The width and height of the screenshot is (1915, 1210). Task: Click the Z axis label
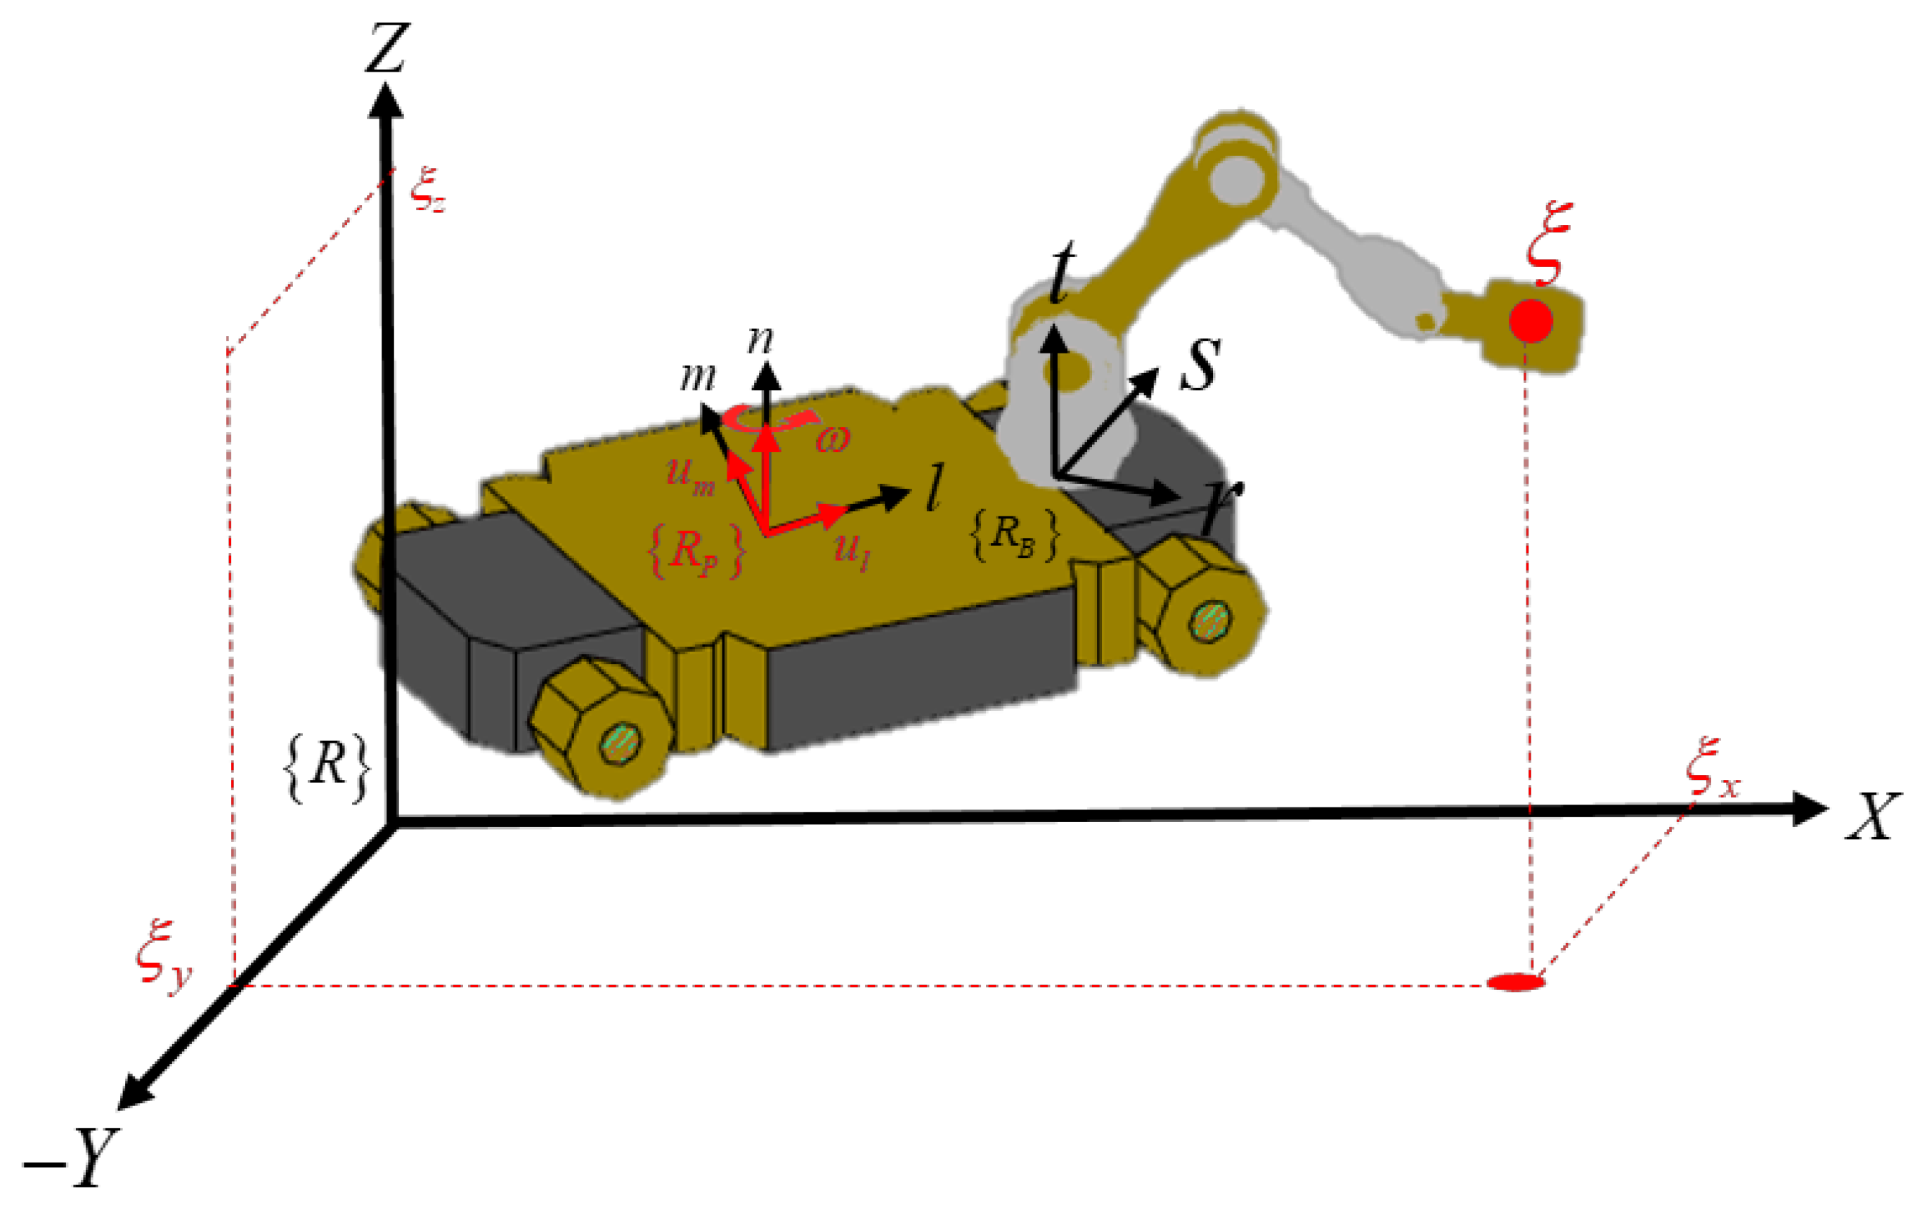pos(387,48)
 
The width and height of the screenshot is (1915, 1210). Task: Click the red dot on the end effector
pos(1531,321)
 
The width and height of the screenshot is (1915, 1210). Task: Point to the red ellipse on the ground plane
pos(1516,982)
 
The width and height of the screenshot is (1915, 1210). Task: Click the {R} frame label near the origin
pos(327,767)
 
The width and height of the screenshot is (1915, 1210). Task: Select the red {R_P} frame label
pos(696,550)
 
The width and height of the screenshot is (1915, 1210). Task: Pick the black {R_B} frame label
pos(1015,533)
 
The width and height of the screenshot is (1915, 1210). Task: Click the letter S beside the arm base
pos(1200,364)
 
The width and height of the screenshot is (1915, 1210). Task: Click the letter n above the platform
pos(760,339)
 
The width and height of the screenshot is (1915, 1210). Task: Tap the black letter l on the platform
pos(935,488)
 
